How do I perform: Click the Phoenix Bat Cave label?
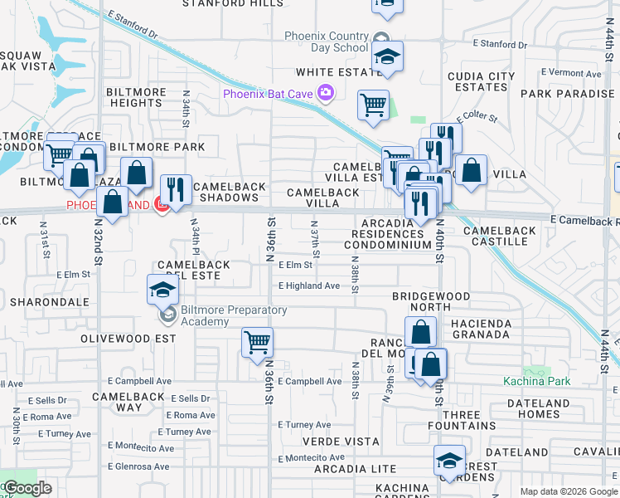267,94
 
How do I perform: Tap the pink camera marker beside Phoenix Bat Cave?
326,93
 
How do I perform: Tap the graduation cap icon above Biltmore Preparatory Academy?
162,290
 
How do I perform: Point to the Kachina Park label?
535,381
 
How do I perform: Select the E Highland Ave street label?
309,286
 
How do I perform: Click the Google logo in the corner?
27,488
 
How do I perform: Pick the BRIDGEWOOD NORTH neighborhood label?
431,301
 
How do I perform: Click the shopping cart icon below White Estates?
374,105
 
